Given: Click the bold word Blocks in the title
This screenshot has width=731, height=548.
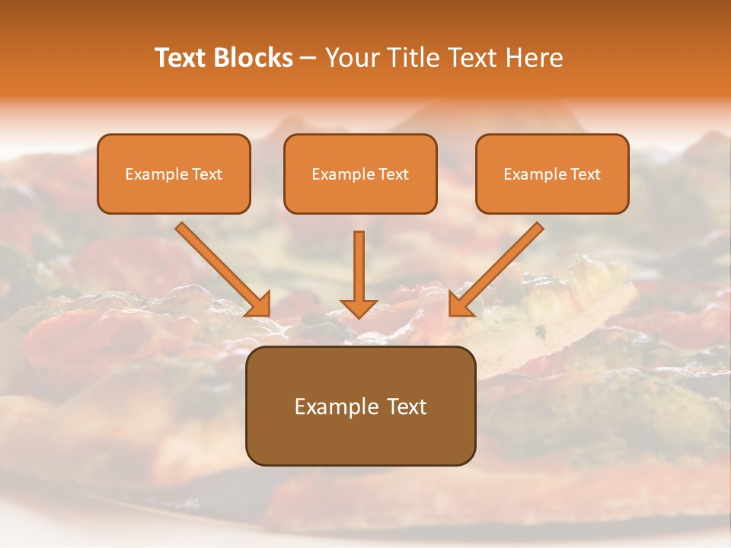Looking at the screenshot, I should (253, 58).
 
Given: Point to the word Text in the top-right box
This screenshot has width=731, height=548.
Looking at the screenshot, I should (586, 174).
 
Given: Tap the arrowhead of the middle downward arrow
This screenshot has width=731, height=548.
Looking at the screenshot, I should (359, 308).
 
